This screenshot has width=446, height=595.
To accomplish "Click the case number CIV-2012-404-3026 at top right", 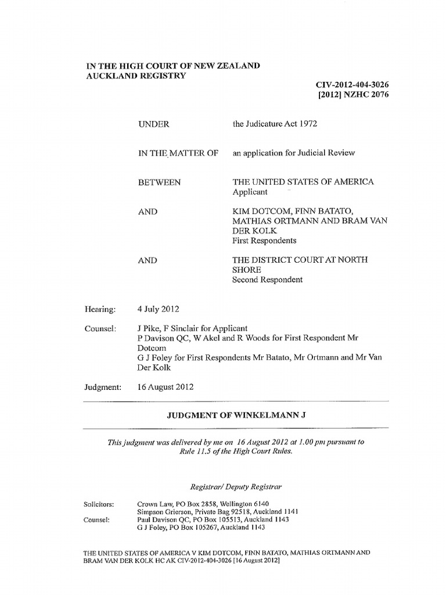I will point(351,85).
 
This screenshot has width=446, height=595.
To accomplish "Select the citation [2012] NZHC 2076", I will point(354,95).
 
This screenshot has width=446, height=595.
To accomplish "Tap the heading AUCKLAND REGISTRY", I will point(136,76).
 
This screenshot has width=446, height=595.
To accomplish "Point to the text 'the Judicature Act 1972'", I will point(275,124).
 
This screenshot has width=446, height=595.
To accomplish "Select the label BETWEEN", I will point(159,182).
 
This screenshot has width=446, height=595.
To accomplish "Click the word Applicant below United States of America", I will point(250,192).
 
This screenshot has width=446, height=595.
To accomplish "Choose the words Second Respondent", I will point(268,279).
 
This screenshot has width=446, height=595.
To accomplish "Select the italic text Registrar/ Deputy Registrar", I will point(237,484).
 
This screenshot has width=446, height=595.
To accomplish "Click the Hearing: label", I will point(100,310).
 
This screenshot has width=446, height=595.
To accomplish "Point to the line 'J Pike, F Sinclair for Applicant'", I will point(192,328).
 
